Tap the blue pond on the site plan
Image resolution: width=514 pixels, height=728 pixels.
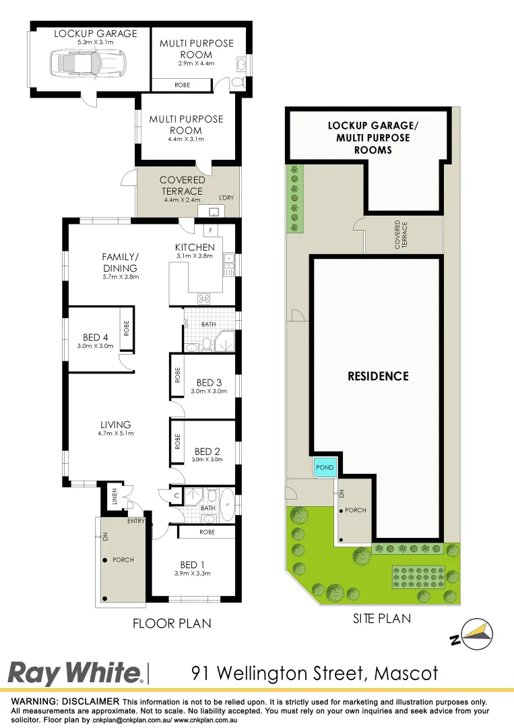click(325, 467)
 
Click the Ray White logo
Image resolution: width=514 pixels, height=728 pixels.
click(74, 673)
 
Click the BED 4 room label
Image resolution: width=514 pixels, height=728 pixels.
click(95, 337)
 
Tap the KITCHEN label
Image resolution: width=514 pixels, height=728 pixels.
click(195, 247)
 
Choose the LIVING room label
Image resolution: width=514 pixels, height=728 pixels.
click(115, 425)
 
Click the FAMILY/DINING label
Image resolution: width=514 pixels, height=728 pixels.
click(120, 262)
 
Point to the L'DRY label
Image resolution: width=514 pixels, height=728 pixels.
click(227, 198)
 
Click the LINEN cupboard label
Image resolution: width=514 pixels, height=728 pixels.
click(115, 497)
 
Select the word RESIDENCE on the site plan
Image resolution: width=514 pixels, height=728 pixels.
click(378, 376)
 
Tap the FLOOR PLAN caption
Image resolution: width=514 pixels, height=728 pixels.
click(172, 624)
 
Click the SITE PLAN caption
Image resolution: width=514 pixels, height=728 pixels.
click(381, 618)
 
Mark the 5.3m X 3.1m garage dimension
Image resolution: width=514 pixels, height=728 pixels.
click(95, 43)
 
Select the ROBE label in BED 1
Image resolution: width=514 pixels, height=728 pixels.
click(207, 532)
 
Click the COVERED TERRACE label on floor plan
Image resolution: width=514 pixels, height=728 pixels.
click(182, 185)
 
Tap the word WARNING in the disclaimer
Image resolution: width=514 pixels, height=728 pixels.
click(34, 702)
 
